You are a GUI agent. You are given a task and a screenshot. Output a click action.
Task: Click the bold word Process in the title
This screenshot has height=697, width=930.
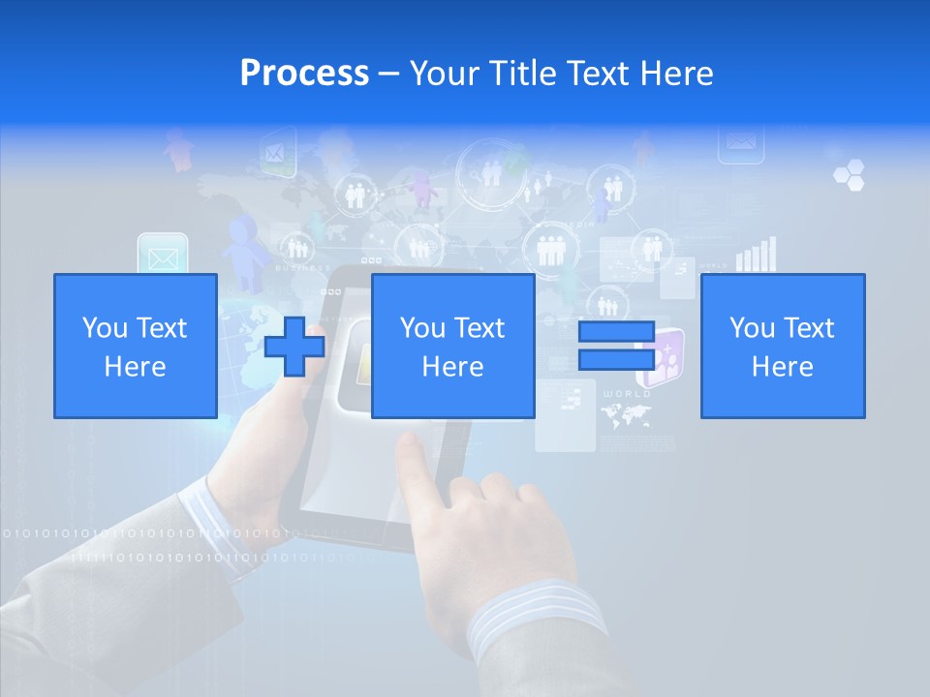coord(304,73)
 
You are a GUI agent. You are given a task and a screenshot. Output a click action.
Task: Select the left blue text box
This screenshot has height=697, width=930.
coord(135,346)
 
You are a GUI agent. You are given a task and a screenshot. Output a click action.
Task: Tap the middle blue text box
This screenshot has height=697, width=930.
coord(452,346)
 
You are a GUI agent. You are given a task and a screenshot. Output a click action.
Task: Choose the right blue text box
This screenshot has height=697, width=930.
coord(782,346)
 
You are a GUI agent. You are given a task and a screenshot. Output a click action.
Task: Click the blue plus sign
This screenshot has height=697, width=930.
coord(294,346)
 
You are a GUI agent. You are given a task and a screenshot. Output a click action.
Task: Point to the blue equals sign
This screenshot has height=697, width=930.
coord(616,346)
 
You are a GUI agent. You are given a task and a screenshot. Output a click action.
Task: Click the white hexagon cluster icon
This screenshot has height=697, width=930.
coord(849,174)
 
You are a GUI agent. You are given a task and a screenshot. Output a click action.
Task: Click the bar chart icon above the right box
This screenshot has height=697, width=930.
coord(756,254)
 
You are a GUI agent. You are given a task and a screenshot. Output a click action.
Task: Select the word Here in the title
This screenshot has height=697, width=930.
coord(675,74)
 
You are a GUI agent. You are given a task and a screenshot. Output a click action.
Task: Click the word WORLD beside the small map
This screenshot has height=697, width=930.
coord(627,395)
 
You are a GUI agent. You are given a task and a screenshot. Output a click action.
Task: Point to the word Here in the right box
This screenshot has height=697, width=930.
coord(782,367)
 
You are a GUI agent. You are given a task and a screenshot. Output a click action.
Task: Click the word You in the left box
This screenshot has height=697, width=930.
coord(104,328)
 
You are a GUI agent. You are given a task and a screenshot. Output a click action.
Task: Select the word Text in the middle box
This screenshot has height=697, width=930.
coord(480,328)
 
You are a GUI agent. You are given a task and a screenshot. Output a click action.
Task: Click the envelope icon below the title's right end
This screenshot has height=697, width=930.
coord(741,143)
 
